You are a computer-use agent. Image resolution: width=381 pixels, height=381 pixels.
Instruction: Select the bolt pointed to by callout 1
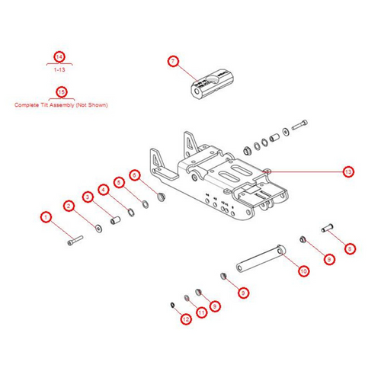[74, 240]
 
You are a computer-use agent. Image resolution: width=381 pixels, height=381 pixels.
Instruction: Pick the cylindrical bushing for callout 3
[117, 221]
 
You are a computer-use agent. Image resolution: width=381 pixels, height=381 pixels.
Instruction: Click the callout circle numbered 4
[103, 190]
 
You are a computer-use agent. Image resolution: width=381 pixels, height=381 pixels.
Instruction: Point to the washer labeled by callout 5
[133, 208]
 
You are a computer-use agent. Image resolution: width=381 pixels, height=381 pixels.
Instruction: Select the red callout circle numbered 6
[136, 175]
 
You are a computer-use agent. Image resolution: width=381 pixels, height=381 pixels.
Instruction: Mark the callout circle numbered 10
[303, 271]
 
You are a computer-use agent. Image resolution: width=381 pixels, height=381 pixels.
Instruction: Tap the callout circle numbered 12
[186, 319]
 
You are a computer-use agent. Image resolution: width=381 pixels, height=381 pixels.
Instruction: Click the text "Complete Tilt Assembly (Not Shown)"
[61, 104]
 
